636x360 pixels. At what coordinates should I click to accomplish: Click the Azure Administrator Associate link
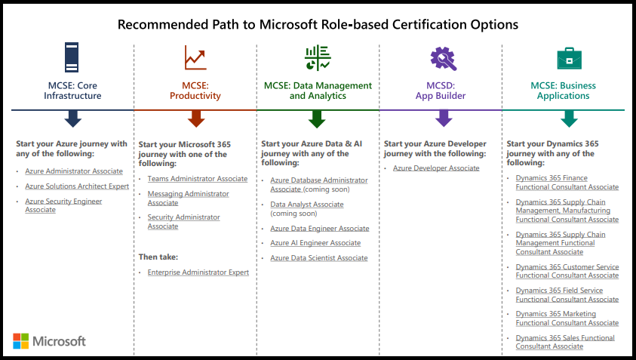74,171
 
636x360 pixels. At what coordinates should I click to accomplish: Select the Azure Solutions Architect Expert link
77,186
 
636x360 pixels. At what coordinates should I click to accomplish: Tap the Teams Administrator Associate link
198,179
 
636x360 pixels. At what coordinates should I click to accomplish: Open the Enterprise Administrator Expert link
198,272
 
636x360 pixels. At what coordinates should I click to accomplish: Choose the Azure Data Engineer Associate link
320,229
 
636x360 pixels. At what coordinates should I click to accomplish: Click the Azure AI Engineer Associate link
315,243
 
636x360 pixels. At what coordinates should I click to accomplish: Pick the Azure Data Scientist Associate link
319,258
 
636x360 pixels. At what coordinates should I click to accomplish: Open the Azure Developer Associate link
436,168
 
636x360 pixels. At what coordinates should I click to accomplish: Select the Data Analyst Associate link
307,205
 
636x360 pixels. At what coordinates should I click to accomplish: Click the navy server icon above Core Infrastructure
72,57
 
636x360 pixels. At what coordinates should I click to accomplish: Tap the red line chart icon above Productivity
195,57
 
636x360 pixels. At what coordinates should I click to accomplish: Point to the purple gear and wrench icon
444,58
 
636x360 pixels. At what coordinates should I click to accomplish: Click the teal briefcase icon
569,58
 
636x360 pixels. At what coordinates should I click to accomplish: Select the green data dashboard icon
318,57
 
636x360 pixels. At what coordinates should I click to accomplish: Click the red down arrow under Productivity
196,118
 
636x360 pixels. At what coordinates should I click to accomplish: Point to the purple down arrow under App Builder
444,118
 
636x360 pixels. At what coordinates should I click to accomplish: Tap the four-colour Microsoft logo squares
20,341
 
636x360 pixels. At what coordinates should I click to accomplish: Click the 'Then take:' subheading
158,257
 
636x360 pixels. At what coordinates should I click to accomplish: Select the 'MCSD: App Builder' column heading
441,91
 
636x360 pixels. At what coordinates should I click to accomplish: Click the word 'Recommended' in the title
163,24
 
